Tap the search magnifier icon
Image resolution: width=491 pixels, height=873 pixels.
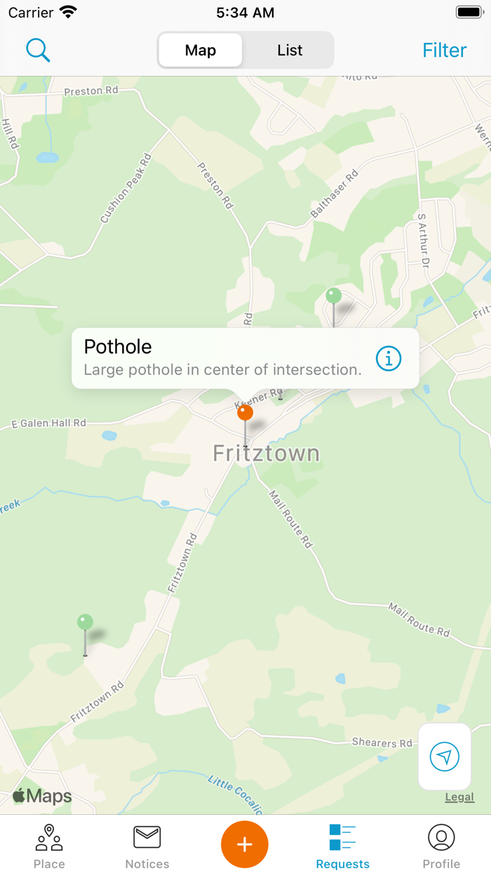coord(38,50)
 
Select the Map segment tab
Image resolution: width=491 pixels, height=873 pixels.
coord(201,51)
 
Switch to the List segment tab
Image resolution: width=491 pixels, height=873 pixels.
coord(290,51)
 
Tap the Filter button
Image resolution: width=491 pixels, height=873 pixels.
coord(444,51)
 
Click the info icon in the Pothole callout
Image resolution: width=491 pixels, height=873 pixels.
coord(389,359)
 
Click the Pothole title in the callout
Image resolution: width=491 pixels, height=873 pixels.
coord(118,347)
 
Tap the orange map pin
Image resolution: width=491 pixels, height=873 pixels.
coord(245,413)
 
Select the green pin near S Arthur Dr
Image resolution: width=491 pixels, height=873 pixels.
coord(334,296)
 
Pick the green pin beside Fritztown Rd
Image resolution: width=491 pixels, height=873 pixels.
coord(85,622)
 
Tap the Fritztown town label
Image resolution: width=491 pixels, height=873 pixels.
coord(267,453)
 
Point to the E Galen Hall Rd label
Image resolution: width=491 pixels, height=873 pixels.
coord(49,423)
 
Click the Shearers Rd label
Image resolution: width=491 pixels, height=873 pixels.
coord(382,742)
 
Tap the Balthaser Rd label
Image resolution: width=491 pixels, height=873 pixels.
coord(335,194)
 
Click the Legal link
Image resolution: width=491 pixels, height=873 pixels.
coord(459,797)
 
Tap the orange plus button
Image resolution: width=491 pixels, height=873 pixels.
coord(245,844)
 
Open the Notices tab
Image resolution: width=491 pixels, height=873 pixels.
coord(147,846)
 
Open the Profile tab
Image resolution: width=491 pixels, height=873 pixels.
coord(441,846)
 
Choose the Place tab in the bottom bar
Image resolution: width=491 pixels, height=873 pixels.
coord(49,846)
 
